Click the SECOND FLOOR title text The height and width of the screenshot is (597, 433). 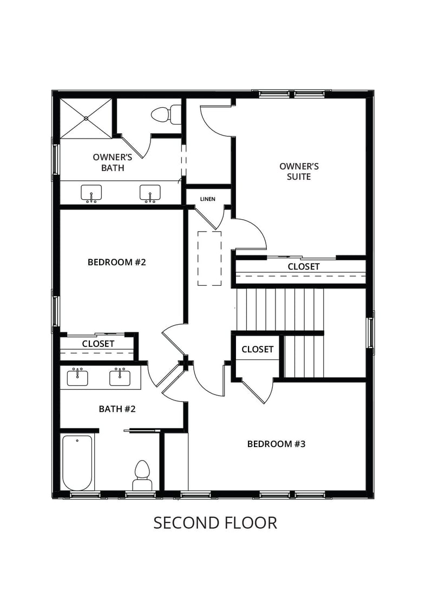(x=215, y=522)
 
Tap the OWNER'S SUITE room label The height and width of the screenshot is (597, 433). (x=295, y=171)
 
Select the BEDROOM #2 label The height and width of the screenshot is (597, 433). (x=117, y=262)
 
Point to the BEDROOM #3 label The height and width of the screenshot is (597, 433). (x=277, y=444)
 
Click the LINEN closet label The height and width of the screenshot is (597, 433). (x=207, y=199)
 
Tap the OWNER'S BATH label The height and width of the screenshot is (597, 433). (x=113, y=162)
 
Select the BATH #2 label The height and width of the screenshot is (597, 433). (x=117, y=409)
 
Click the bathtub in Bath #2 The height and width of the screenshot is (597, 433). (x=77, y=463)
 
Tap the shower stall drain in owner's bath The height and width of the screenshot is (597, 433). (x=86, y=117)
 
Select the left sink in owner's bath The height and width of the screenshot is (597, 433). (x=91, y=193)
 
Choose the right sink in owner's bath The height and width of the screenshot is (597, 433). (x=150, y=193)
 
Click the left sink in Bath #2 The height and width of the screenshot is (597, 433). (x=77, y=377)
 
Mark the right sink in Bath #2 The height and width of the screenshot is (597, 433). (x=120, y=377)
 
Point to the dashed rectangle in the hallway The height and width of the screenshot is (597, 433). (x=209, y=258)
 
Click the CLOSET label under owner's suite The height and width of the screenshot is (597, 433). (x=303, y=266)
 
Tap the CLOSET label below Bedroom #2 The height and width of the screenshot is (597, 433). (x=98, y=344)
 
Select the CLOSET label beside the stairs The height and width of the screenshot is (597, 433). (x=257, y=349)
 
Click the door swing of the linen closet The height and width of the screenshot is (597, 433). (x=214, y=219)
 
